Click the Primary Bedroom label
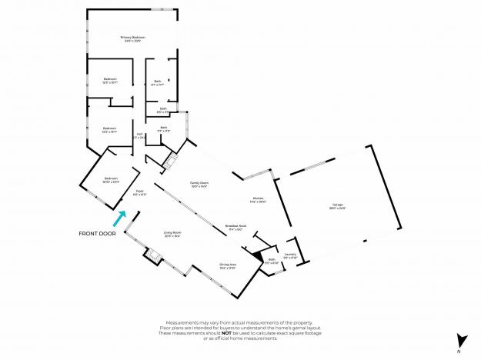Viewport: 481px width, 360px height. click(x=132, y=38)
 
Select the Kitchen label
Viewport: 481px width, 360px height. click(x=259, y=199)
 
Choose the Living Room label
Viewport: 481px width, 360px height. click(x=172, y=233)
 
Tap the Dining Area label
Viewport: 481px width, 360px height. click(x=228, y=265)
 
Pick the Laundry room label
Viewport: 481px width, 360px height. click(x=290, y=254)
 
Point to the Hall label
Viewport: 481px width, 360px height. click(x=140, y=135)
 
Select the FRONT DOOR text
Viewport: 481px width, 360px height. click(x=97, y=233)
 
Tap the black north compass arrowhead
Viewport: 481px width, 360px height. click(x=460, y=339)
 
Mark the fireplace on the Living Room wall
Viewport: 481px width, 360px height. click(x=151, y=255)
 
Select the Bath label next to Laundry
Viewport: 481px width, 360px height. click(x=272, y=260)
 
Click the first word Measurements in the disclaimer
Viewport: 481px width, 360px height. click(x=182, y=322)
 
